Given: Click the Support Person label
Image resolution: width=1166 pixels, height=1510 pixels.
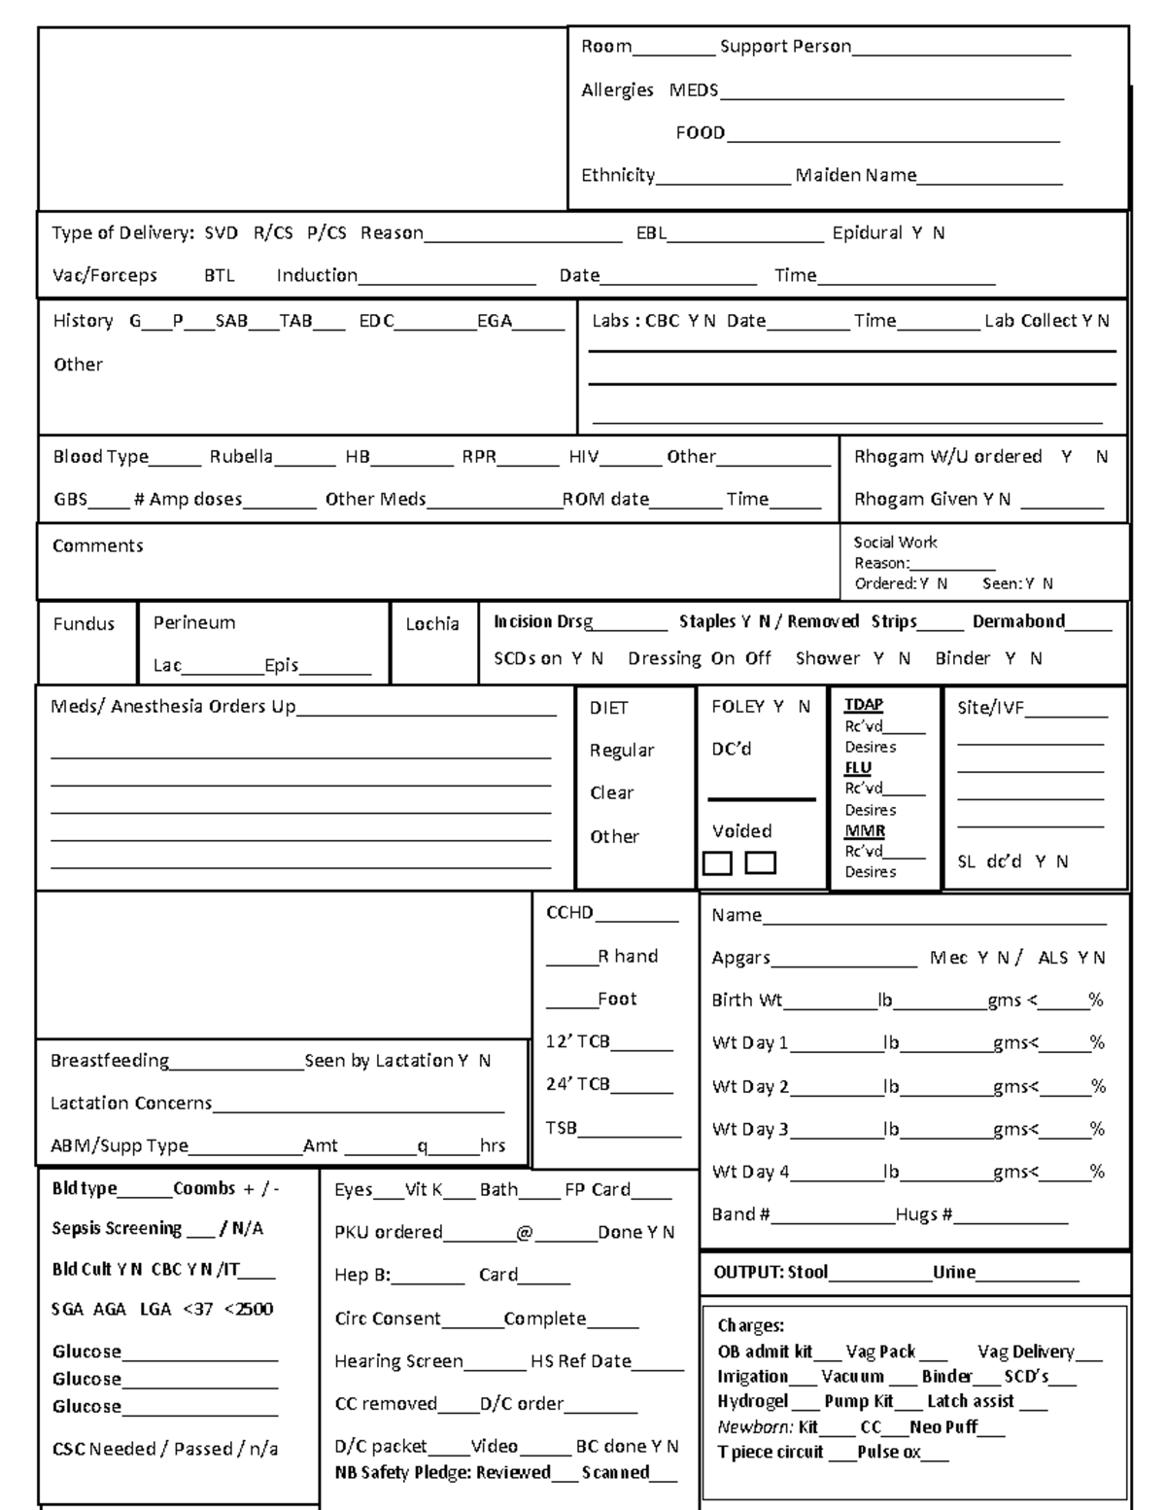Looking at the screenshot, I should [785, 47].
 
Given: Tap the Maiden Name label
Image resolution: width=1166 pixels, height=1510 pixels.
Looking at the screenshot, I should [855, 175].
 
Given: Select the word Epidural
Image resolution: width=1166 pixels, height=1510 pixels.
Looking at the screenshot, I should [867, 233].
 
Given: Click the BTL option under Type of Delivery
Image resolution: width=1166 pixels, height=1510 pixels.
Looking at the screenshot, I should [220, 275].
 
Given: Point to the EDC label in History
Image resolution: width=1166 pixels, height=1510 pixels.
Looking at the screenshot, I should [376, 321].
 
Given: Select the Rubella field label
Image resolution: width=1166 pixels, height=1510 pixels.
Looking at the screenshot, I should [241, 457].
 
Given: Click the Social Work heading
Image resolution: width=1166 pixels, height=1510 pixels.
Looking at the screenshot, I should [895, 543].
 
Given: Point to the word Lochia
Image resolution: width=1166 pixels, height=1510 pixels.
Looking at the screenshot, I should [432, 624].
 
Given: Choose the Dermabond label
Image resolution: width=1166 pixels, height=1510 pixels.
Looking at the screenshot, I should [1018, 621].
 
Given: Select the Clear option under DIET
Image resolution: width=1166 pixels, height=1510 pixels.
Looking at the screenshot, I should [611, 792].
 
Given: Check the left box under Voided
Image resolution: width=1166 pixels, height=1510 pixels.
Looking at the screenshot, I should [717, 862].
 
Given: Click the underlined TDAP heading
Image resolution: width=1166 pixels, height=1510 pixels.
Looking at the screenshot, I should [863, 705].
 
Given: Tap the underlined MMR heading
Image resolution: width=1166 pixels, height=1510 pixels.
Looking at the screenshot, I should [864, 831].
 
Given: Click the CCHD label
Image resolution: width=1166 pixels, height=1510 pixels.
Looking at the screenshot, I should [569, 913].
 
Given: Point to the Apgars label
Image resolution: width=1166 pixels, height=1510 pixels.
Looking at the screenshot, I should [740, 958].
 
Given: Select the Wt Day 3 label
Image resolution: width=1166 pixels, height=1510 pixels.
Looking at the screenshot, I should [750, 1129].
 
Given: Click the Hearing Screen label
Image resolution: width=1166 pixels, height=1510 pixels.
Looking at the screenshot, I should [398, 1361].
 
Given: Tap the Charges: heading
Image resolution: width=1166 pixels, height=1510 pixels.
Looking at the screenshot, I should [750, 1325].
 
